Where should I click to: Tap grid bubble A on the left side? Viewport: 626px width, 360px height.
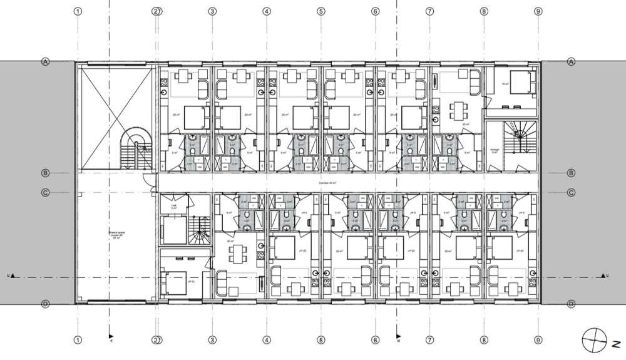(x=45, y=61)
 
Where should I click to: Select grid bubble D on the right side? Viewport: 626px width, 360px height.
(x=571, y=304)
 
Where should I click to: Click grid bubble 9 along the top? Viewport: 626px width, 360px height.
(x=538, y=11)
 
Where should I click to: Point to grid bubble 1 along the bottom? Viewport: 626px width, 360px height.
(x=78, y=341)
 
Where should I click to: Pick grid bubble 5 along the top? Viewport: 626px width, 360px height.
(x=321, y=11)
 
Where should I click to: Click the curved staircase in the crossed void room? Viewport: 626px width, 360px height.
(x=135, y=147)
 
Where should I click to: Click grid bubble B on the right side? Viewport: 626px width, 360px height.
(x=571, y=173)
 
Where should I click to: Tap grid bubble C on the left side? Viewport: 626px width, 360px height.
(x=45, y=193)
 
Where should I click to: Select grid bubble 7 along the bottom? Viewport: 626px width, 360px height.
(x=429, y=341)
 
